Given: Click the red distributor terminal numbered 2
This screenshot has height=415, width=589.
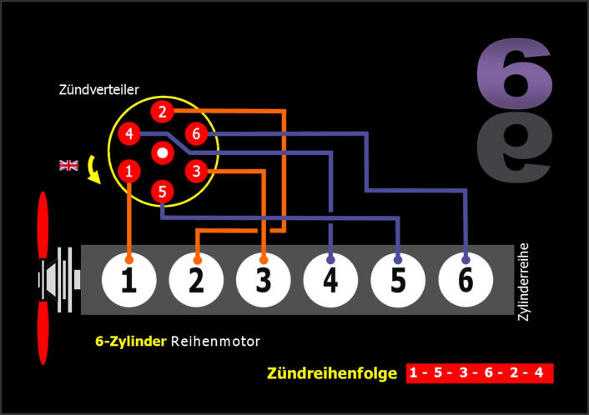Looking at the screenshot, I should (x=162, y=112).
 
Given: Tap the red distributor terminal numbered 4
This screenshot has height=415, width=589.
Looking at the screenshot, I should (x=128, y=133).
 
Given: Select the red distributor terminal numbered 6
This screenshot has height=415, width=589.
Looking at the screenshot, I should (x=196, y=133).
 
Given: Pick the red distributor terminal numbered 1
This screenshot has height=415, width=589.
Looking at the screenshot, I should (x=128, y=172).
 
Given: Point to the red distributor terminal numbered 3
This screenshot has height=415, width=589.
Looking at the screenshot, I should (x=196, y=172).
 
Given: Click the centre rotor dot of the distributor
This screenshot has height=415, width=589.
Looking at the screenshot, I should (x=163, y=152).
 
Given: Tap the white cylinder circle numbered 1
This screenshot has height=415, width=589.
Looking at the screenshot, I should (x=128, y=280).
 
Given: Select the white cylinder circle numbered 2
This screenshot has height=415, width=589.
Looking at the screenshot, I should (x=196, y=280).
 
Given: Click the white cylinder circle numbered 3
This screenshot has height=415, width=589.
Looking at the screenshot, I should (x=264, y=280).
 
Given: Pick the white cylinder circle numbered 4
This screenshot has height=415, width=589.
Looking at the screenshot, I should (x=330, y=280).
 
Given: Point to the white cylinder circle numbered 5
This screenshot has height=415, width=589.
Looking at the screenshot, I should (x=398, y=280).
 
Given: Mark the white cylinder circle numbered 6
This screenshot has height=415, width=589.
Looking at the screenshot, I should (x=466, y=280).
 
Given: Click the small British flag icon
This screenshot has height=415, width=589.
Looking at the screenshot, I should (x=68, y=164).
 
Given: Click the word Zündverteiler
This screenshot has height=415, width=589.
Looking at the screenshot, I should (x=99, y=88).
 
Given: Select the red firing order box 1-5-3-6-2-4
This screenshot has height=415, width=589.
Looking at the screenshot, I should (x=480, y=372).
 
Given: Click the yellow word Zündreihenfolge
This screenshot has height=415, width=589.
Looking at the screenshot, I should (x=331, y=373).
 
